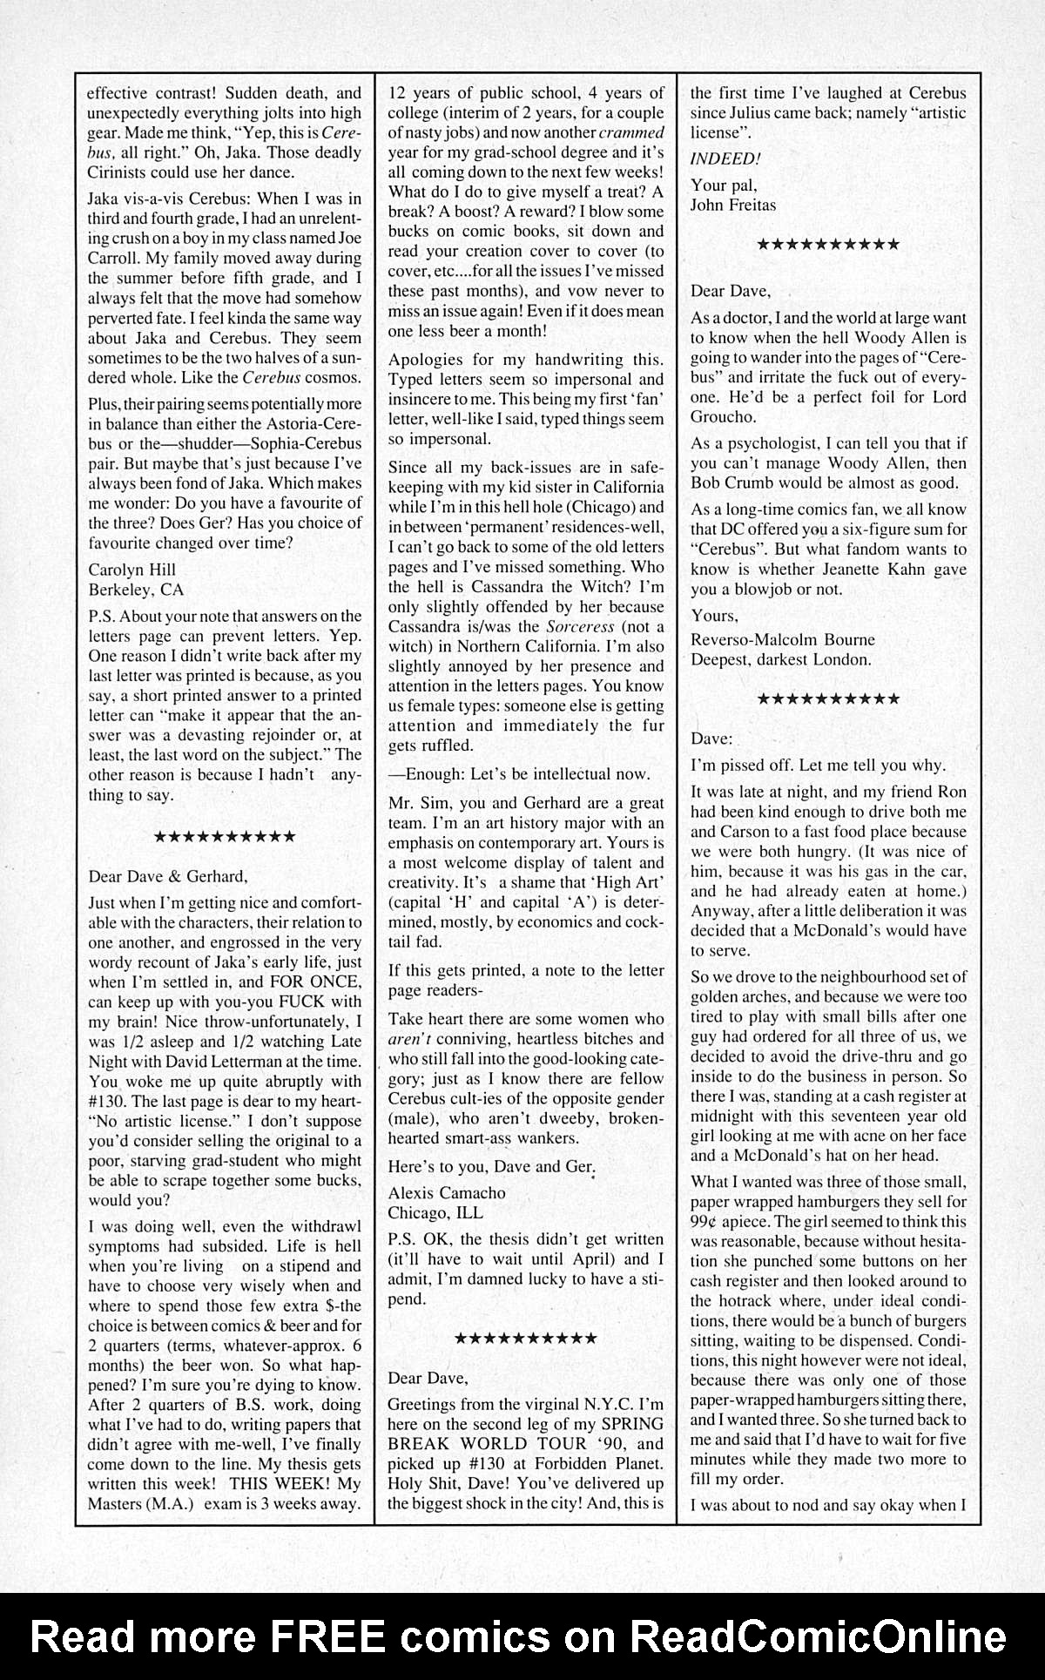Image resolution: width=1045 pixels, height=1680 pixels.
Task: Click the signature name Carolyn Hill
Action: pos(132,570)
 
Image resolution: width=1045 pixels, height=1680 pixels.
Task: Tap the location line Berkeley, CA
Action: pos(136,590)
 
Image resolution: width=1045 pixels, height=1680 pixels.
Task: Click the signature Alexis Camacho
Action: pos(446,1193)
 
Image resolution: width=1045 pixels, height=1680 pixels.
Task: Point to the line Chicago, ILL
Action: pos(435,1213)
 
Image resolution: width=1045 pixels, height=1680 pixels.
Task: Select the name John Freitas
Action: pos(733,205)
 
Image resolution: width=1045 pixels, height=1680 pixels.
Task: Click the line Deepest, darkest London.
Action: pos(780,660)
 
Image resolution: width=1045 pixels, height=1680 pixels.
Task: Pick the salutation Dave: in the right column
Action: pos(711,739)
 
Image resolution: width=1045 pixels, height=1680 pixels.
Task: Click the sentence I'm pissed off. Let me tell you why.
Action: pos(817,766)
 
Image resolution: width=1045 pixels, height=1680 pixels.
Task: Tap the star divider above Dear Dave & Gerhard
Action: pos(225,837)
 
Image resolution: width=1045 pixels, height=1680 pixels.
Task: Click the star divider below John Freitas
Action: pos(828,245)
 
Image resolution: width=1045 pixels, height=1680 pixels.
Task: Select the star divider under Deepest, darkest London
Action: pos(828,699)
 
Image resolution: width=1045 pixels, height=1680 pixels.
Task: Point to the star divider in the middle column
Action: pos(526,1339)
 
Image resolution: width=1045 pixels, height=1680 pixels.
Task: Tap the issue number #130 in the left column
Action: pos(106,1102)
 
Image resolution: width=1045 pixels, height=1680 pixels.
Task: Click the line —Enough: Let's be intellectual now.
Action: pos(518,774)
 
